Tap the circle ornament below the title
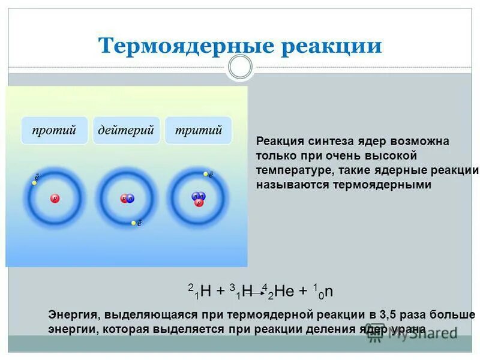[x=241, y=67]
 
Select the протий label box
[x=55, y=130]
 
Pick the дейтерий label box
[x=127, y=130]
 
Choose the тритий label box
[x=199, y=130]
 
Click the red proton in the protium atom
[x=55, y=197]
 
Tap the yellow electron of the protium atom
[x=35, y=182]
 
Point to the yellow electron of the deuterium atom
[x=134, y=223]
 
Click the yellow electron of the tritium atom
[x=206, y=175]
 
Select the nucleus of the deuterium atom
[x=127, y=198]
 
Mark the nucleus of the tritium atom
[x=198, y=199]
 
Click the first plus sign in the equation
[x=221, y=292]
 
